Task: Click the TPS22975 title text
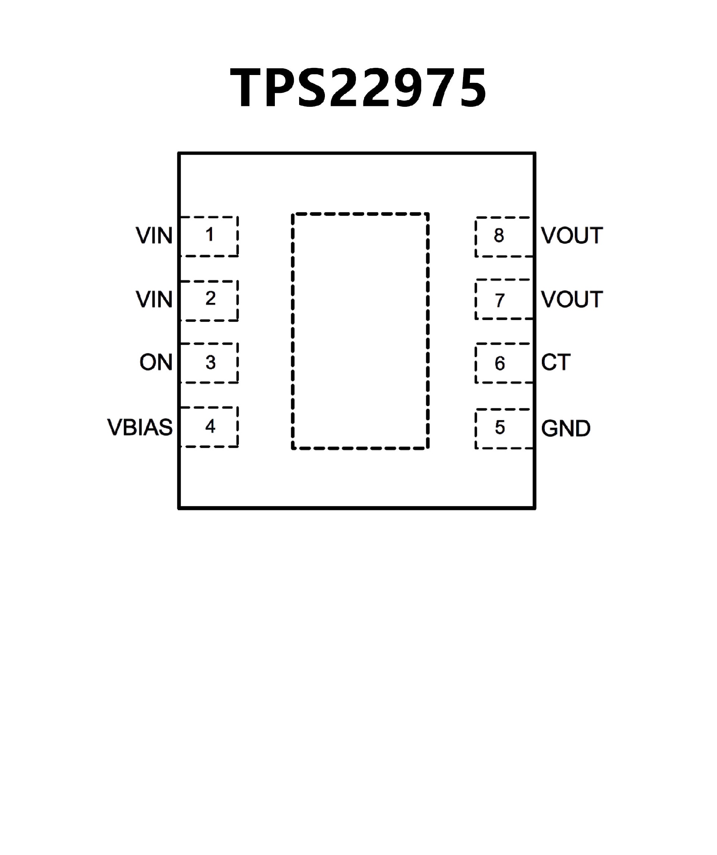point(358,88)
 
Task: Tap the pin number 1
point(210,234)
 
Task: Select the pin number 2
point(210,299)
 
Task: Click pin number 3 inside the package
point(210,362)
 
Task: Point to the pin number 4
point(210,426)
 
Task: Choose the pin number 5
point(500,428)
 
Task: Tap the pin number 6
point(500,363)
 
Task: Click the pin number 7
point(500,300)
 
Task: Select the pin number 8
point(499,235)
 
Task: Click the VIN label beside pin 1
point(154,236)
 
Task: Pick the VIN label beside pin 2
point(154,300)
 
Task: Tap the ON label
point(156,362)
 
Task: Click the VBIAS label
point(140,428)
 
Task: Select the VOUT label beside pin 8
point(572,236)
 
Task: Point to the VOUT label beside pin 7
point(572,300)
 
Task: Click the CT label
point(556,362)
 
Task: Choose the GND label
point(566,428)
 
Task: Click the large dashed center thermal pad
point(360,331)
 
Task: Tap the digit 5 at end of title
point(471,88)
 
